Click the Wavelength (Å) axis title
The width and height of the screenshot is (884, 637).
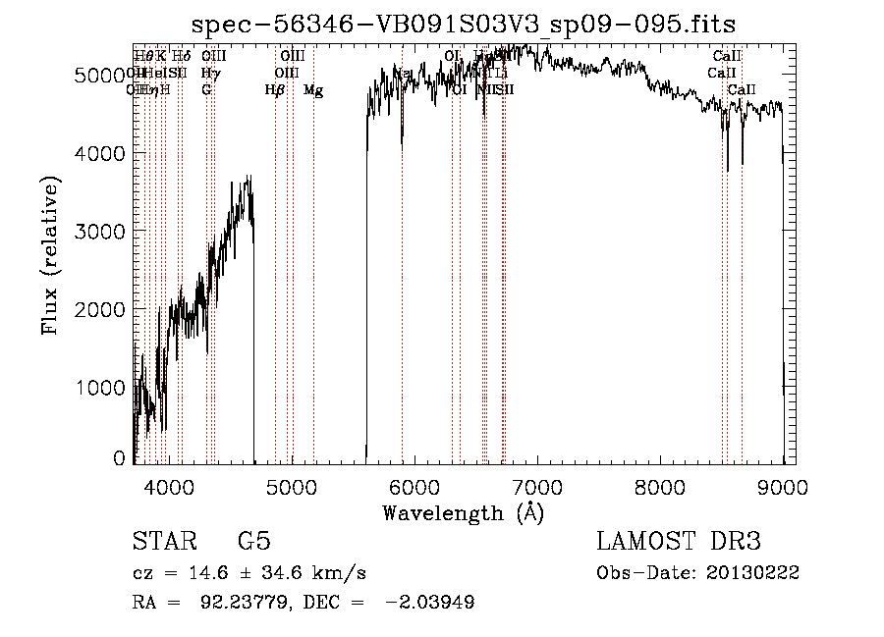tap(463, 512)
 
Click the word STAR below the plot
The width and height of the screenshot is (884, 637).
tap(163, 542)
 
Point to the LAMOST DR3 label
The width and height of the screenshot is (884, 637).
tap(678, 542)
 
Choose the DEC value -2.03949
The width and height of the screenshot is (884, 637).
tap(432, 603)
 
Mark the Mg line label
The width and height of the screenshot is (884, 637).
tap(313, 90)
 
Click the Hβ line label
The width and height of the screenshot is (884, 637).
tap(275, 90)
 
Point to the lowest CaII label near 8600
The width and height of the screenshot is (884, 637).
tap(742, 90)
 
